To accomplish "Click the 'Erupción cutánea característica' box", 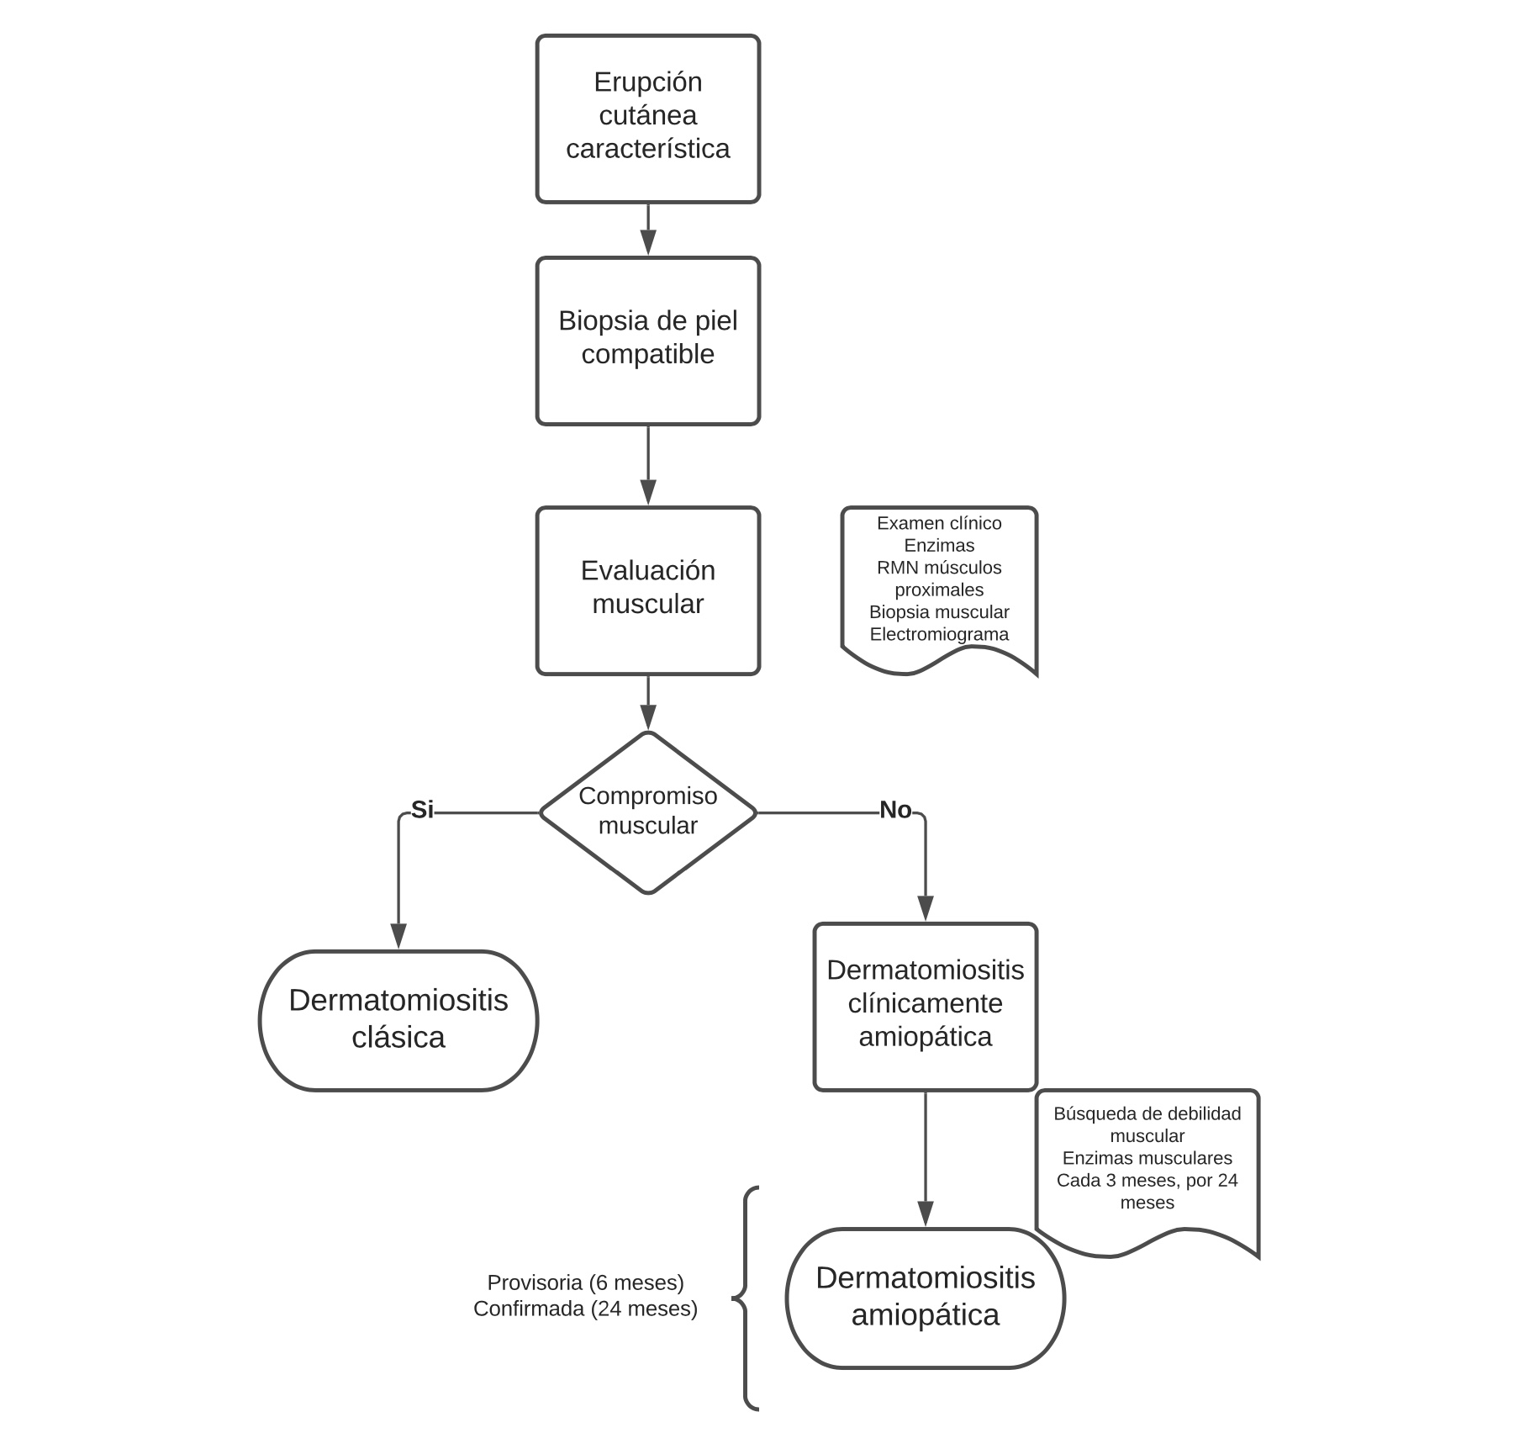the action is [648, 119].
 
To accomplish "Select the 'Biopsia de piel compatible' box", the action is [648, 341].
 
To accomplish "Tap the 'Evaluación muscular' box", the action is [648, 590].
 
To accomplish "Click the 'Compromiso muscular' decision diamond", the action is [648, 812].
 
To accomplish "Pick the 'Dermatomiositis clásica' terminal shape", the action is [398, 1021].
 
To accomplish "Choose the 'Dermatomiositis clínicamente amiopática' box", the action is [926, 1007].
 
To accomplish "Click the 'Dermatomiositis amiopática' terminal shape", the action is [926, 1298].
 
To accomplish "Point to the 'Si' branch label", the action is [422, 809].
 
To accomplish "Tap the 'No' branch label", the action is [895, 809].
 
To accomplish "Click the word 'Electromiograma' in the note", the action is [939, 634].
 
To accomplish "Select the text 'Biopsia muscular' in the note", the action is [939, 612].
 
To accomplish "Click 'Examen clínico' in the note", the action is [939, 523].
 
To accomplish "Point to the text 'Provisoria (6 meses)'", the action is [586, 1282].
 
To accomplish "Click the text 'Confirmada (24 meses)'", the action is [586, 1309].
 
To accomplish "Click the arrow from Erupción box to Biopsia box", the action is [648, 229].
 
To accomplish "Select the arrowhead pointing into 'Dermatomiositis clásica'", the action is [398, 936].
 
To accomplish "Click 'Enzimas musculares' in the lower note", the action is [1147, 1158].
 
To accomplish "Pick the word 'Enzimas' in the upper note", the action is [939, 545].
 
